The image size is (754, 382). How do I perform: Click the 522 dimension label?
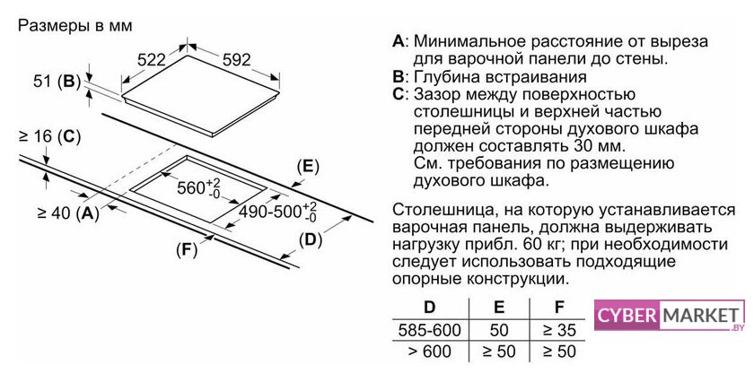point(151,60)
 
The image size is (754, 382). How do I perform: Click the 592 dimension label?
point(237,59)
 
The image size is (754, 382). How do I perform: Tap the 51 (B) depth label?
point(57,82)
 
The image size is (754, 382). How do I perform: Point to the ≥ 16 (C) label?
point(49,137)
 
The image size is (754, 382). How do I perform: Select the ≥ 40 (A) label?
point(68,213)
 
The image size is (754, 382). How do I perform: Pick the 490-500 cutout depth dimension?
point(278,212)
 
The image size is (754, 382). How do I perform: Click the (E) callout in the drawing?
point(308,166)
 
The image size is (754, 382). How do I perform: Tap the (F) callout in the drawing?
point(187,250)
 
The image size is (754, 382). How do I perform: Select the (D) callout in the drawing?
point(311,239)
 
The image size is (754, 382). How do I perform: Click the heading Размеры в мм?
point(75,25)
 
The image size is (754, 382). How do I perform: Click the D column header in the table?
point(429,307)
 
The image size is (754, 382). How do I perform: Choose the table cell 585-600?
point(429,330)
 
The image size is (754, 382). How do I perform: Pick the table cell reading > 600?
point(429,352)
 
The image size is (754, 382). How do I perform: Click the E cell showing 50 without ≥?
point(499,330)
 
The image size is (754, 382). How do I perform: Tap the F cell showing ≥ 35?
point(559,330)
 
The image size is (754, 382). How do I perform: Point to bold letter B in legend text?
point(399,77)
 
